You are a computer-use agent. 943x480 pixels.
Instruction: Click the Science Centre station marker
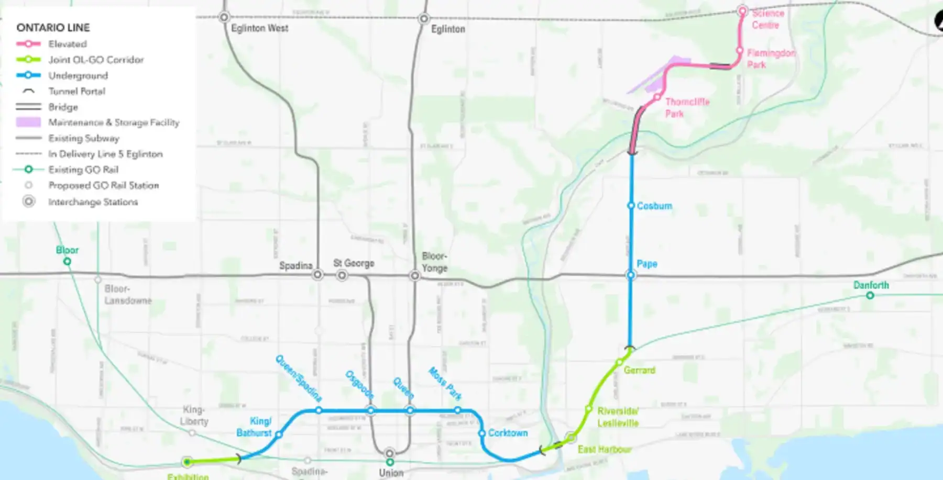pos(742,10)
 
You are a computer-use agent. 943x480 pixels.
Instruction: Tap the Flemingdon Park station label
pos(771,59)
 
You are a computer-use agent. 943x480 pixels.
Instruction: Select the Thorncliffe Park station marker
pos(656,97)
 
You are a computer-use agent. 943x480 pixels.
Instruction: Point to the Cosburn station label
pos(654,206)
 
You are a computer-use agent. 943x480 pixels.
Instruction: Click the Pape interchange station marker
pos(631,275)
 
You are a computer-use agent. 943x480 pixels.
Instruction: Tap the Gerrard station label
pos(639,370)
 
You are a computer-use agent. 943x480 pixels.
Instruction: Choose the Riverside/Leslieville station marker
pos(588,409)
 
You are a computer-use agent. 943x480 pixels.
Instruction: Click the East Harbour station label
pos(604,449)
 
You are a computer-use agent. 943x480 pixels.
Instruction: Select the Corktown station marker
pos(482,433)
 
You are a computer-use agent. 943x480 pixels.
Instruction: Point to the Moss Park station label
pos(445,383)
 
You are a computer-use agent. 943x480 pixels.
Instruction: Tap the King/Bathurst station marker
pos(279,434)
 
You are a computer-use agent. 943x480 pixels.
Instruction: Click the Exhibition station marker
pos(187,462)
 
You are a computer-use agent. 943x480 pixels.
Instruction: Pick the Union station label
pos(391,473)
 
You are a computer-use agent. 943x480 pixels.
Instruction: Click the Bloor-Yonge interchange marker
pos(414,275)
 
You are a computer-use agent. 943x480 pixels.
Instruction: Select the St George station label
pos(354,263)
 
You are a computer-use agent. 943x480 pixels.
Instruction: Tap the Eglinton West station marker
pos(224,17)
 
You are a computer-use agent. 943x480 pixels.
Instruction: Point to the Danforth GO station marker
pos(870,295)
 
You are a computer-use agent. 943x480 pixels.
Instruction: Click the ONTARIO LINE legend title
pos(53,27)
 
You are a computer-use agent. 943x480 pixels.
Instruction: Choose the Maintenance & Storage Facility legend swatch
pos(28,122)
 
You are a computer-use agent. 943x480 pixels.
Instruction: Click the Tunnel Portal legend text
pos(76,91)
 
